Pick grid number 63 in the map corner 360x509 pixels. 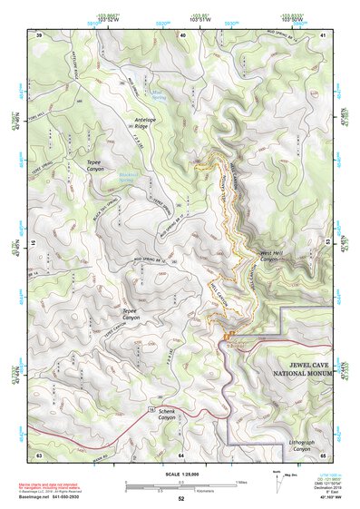[39, 454]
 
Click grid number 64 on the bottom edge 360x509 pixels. [181, 454]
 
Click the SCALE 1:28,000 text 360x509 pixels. [180, 472]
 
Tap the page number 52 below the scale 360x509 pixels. [180, 499]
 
